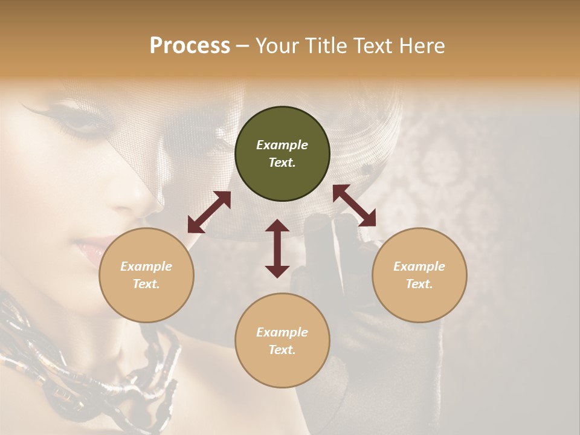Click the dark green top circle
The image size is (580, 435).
282,154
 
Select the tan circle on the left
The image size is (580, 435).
146,275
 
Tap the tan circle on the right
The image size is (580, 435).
419,275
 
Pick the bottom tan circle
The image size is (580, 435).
282,341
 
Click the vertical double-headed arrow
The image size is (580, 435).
277,248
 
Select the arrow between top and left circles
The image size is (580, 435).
209,212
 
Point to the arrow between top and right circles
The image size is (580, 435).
354,205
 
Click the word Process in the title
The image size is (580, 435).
190,45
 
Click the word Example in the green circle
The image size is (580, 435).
282,145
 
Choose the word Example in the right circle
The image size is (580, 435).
419,266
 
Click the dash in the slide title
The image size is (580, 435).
242,46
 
